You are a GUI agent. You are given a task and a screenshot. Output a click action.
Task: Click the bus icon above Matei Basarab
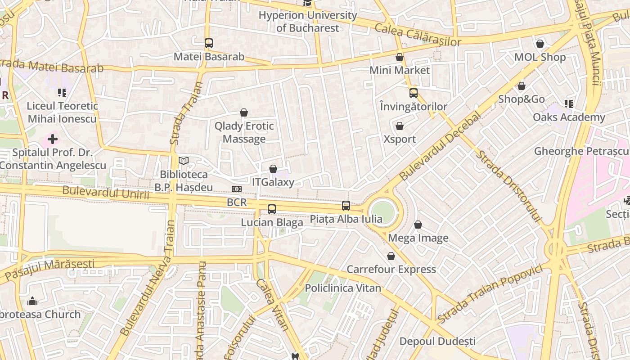208,43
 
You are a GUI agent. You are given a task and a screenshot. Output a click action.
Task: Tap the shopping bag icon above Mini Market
399,57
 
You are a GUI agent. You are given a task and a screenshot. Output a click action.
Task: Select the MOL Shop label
540,57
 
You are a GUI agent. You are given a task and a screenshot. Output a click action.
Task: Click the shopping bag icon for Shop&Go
522,85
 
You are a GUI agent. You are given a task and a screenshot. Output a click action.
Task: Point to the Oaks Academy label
569,117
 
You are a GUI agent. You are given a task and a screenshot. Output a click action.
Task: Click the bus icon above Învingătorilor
413,93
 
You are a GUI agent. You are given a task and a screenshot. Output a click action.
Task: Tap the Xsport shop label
400,139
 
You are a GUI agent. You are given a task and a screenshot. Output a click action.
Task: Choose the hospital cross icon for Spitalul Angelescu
53,139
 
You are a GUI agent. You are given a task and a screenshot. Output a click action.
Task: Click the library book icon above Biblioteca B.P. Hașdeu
183,161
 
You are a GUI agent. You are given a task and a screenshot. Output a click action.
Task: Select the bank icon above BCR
237,189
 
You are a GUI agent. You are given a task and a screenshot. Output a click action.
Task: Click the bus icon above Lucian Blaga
271,209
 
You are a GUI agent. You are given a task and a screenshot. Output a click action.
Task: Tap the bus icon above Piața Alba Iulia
346,205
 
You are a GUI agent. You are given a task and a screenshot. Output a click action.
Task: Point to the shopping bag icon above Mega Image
418,224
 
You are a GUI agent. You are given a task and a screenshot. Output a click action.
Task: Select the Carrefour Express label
391,269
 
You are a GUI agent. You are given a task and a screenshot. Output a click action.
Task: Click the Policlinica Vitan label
343,288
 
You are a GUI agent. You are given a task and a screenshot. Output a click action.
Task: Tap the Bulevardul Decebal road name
440,146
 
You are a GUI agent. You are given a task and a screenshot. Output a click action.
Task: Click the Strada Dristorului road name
508,186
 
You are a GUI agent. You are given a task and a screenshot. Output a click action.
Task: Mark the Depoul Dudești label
437,341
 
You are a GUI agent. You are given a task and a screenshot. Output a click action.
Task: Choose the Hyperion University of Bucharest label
308,21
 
